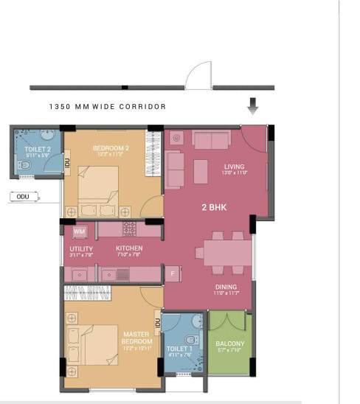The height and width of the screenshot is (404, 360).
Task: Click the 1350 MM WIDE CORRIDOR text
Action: pyautogui.click(x=107, y=107)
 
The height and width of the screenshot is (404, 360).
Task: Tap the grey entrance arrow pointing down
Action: pyautogui.click(x=253, y=107)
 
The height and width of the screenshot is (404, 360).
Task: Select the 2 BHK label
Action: pyautogui.click(x=213, y=208)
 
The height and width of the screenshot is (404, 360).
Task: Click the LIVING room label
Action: pyautogui.click(x=234, y=167)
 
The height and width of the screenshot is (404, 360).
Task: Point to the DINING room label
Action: pyautogui.click(x=226, y=287)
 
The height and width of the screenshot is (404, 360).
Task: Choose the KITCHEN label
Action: pyautogui.click(x=129, y=248)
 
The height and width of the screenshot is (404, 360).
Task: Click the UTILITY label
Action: pyautogui.click(x=80, y=249)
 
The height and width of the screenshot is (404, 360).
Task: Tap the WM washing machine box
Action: pyautogui.click(x=80, y=231)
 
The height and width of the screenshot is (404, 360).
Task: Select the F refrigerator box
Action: pyautogui.click(x=172, y=274)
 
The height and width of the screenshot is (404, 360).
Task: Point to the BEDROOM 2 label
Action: pyautogui.click(x=111, y=148)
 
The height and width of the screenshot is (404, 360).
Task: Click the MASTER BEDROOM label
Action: pyautogui.click(x=137, y=338)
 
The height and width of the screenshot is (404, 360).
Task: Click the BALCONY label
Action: pyautogui.click(x=229, y=344)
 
